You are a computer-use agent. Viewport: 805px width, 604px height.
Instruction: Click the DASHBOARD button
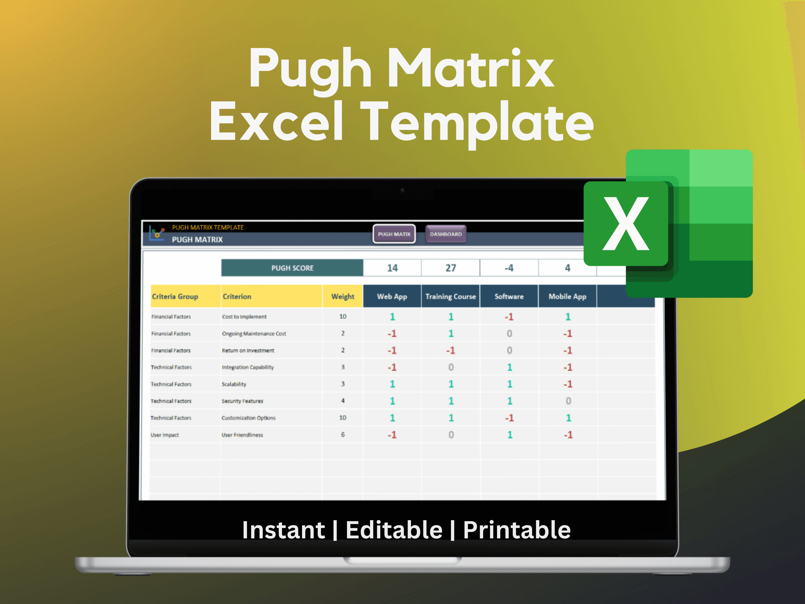[445, 234]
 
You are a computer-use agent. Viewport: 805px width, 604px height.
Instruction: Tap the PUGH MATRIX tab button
[394, 234]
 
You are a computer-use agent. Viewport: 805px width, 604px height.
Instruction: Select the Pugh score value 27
[451, 268]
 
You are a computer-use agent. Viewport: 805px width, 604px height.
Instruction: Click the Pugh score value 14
[392, 268]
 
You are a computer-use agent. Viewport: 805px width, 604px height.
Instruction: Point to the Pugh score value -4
[509, 268]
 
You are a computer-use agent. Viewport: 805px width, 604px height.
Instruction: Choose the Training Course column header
[451, 296]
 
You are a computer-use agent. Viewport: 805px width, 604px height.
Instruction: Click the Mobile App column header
[567, 296]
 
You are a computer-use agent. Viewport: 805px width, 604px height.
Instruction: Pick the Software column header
[509, 296]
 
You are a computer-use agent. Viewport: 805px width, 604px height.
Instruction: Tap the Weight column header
[343, 296]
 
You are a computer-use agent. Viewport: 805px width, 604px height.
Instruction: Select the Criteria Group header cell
[175, 296]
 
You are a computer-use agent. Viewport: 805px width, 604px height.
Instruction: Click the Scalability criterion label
[234, 384]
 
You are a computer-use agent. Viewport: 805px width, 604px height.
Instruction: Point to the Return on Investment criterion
[248, 350]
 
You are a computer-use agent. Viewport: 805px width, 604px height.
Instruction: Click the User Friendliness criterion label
[242, 435]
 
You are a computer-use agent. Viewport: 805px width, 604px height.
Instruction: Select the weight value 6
[343, 434]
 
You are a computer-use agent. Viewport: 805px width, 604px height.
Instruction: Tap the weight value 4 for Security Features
[343, 401]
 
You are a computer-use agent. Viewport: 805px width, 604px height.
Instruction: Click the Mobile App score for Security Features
[568, 401]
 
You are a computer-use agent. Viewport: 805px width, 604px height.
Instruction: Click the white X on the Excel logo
[626, 223]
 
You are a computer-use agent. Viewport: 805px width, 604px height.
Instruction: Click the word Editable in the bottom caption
[394, 530]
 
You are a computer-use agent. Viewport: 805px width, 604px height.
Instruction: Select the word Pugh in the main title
[310, 69]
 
